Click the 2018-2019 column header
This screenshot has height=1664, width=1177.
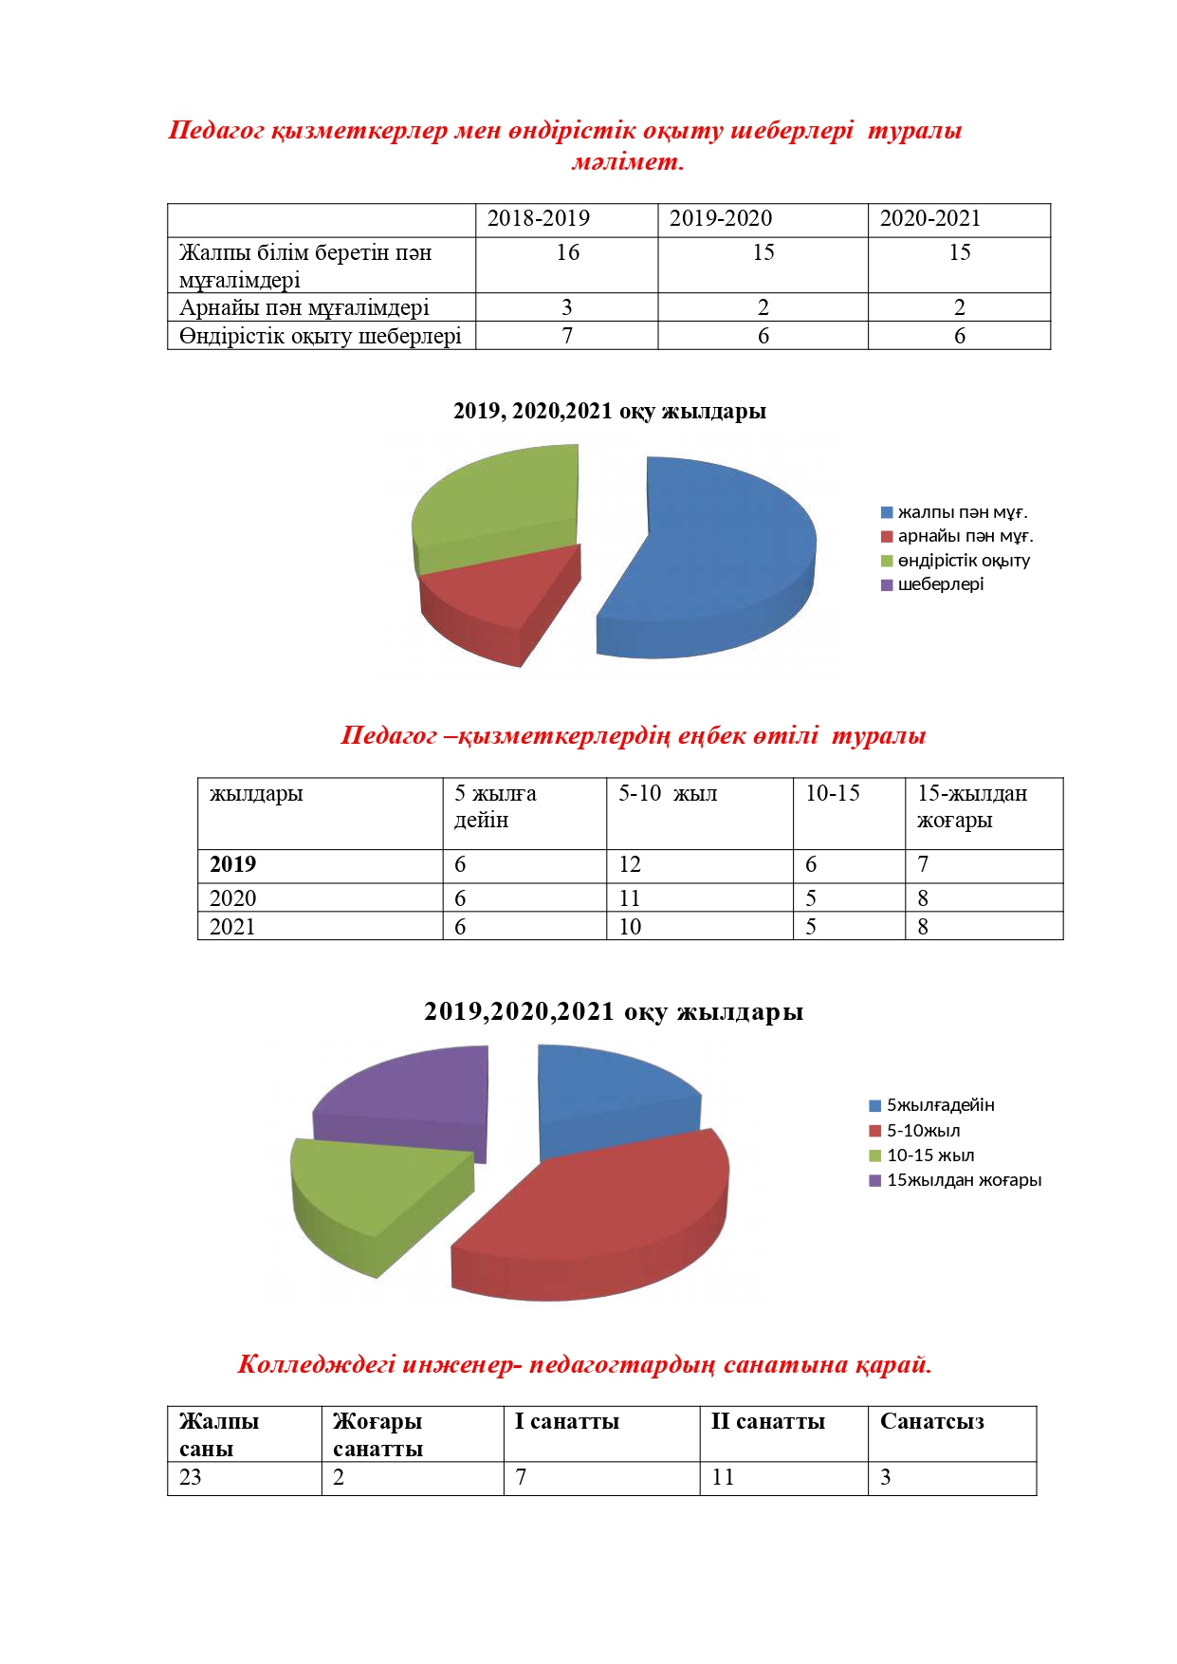538,218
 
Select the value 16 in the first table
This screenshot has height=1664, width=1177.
567,252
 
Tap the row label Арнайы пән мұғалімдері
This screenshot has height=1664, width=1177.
304,307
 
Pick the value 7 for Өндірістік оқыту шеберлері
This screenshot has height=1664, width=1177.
567,336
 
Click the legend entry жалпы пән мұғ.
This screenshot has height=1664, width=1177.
962,512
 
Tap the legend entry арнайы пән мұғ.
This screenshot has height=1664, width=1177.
965,536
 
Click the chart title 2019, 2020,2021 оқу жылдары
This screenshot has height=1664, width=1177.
609,411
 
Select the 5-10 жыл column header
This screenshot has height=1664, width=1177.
668,793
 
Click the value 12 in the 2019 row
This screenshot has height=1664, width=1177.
630,864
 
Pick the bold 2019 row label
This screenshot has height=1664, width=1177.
233,864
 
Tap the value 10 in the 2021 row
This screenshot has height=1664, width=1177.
630,927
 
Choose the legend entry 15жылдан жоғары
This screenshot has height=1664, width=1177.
963,1180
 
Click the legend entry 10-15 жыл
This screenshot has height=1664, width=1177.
929,1156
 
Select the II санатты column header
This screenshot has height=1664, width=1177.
767,1421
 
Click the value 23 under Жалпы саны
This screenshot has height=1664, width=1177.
191,1477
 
